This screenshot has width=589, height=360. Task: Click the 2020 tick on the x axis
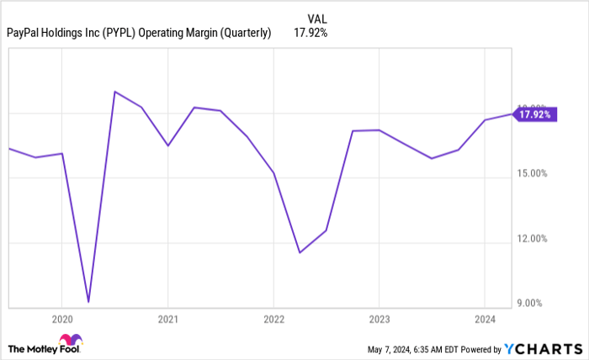click(x=61, y=320)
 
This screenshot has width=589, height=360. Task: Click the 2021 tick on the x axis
click(x=167, y=320)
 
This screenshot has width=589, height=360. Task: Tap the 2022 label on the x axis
click(x=273, y=320)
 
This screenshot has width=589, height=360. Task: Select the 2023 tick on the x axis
click(x=379, y=320)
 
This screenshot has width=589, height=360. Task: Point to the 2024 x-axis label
click(x=484, y=320)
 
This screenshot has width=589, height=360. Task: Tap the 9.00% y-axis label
click(x=533, y=304)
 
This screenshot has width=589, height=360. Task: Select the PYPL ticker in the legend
click(x=119, y=33)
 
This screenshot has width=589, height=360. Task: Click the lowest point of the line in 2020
click(x=88, y=301)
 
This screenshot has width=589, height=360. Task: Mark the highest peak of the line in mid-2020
click(x=114, y=92)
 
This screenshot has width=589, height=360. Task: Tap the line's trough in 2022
click(x=299, y=252)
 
